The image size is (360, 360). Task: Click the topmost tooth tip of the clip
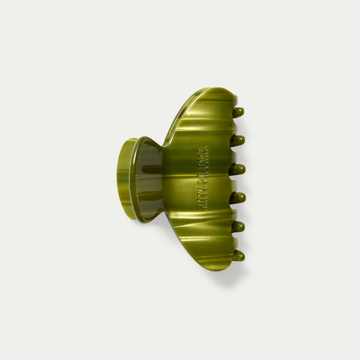pos(239,112)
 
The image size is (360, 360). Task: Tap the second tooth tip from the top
pos(238,140)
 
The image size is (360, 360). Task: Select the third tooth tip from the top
pos(238,169)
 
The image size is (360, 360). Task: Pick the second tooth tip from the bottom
pos(238,226)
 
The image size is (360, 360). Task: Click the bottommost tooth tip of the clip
pos(239,256)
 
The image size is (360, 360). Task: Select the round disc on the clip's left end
pos(126,178)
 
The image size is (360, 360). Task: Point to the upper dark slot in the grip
pos(152,170)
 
